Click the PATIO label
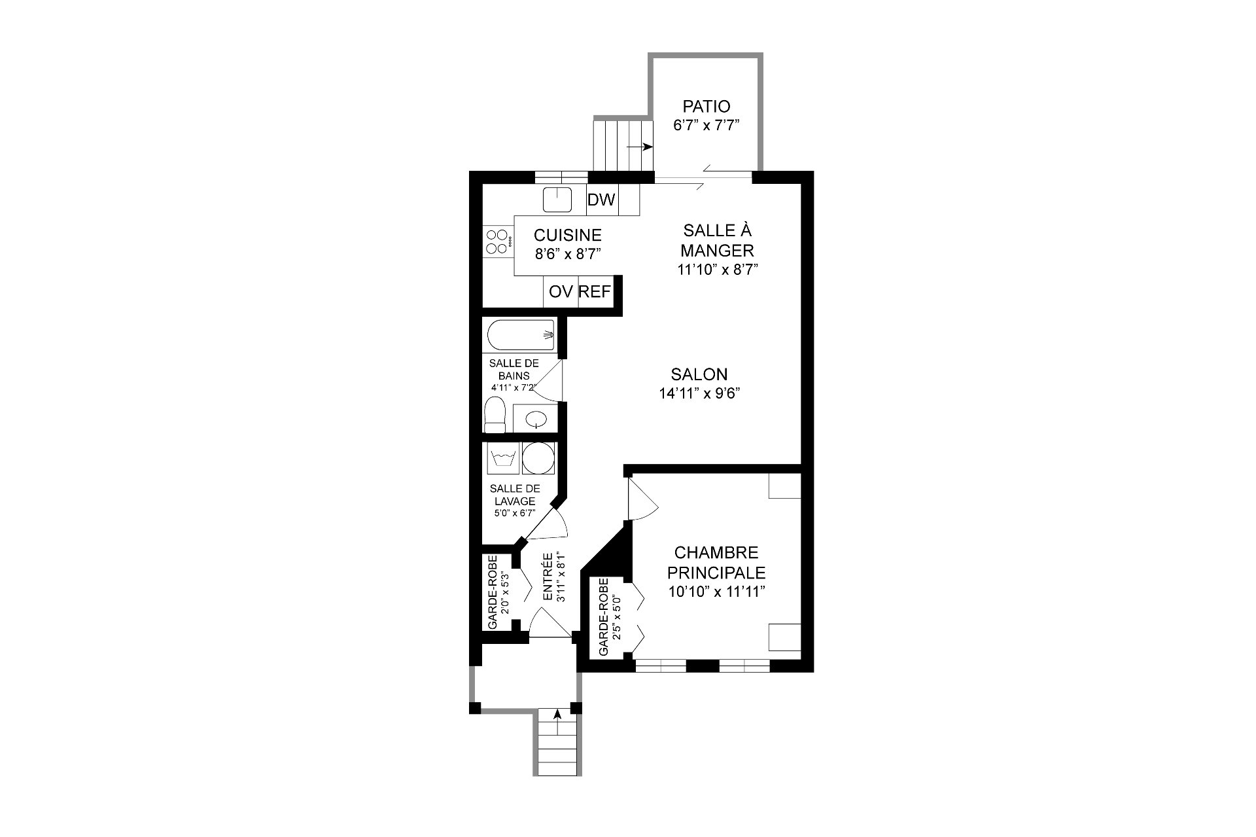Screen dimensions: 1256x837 (x=706, y=106)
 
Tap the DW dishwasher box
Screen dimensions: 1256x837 (x=602, y=200)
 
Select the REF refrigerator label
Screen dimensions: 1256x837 (x=595, y=292)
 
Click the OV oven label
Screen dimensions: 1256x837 (x=561, y=292)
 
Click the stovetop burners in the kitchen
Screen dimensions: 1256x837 (x=498, y=241)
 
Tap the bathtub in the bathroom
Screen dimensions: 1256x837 (x=521, y=336)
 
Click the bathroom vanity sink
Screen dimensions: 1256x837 (x=536, y=418)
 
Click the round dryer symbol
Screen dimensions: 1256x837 (x=538, y=458)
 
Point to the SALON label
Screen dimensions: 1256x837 (x=699, y=374)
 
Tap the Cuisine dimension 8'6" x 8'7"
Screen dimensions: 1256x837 (x=568, y=254)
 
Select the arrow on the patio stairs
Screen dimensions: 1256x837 (x=640, y=147)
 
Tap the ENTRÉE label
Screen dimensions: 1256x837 (x=548, y=578)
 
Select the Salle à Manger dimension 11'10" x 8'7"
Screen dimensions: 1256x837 (x=717, y=269)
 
